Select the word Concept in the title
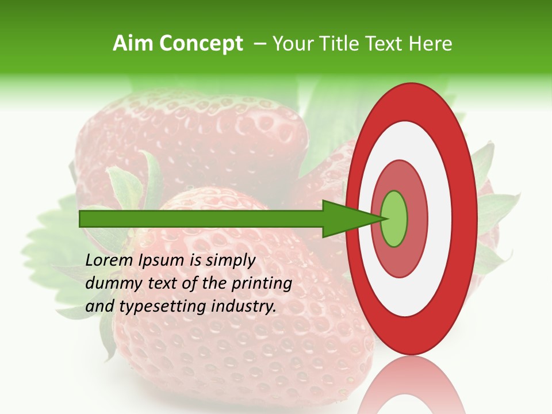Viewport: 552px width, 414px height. [201, 44]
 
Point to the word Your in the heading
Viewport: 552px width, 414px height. [293, 44]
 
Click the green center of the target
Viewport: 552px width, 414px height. [394, 218]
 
